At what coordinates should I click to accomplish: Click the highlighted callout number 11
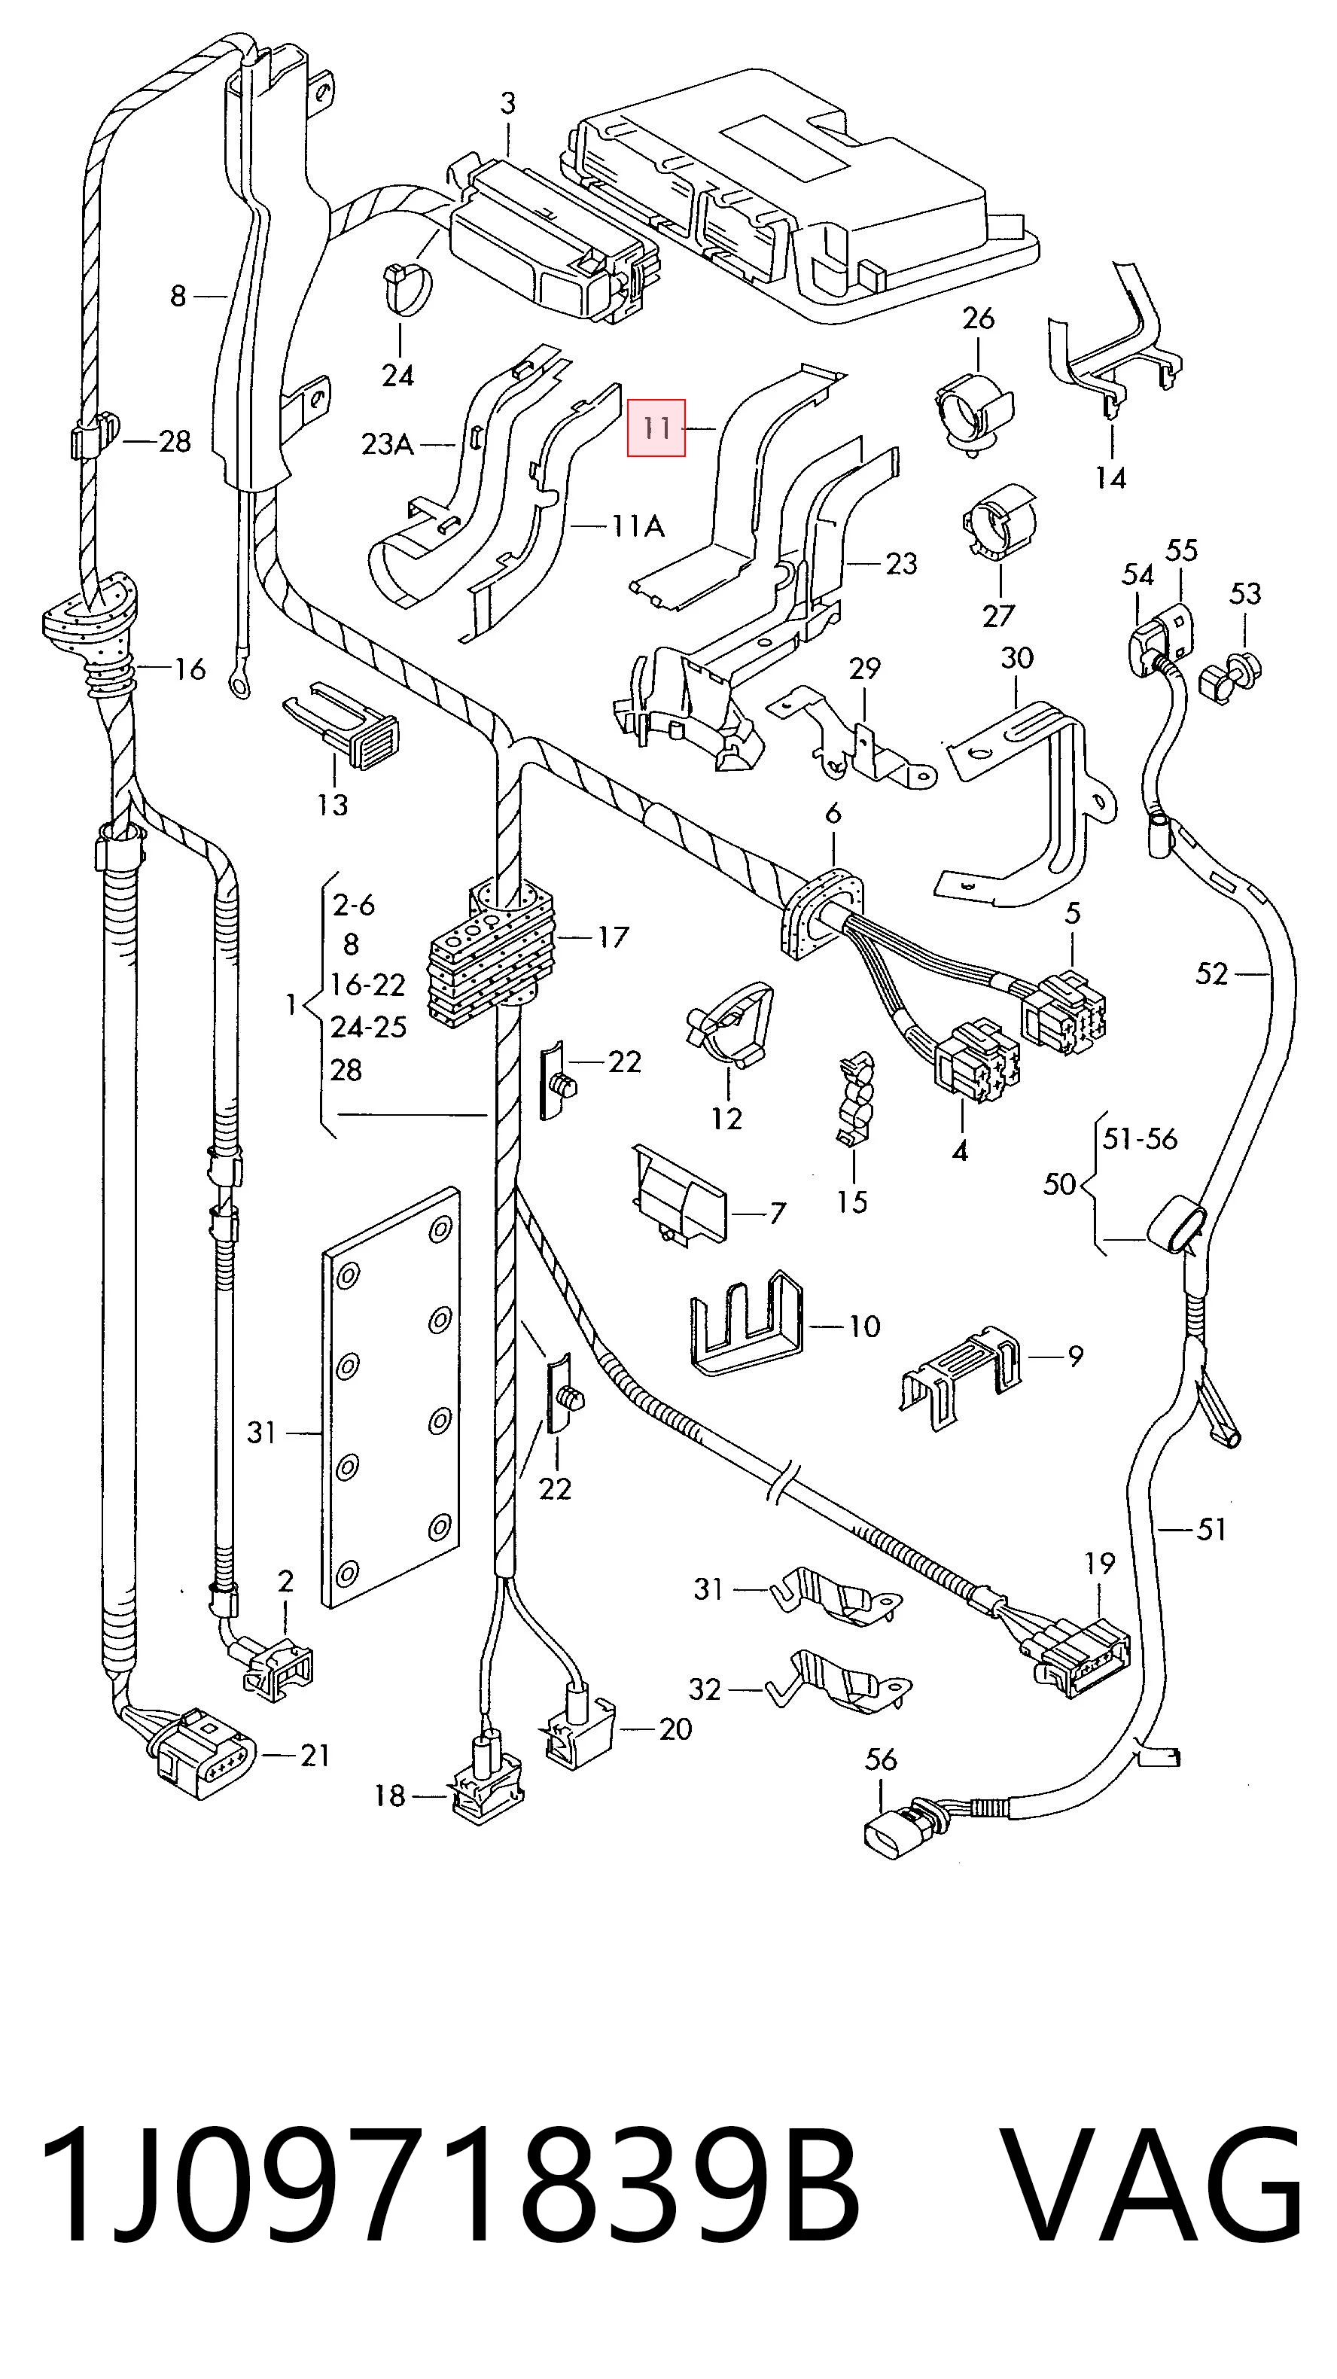point(656,428)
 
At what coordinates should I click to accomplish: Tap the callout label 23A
point(387,445)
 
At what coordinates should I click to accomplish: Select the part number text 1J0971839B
point(449,2185)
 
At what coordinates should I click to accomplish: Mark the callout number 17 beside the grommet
point(612,937)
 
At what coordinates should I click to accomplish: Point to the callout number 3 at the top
point(508,103)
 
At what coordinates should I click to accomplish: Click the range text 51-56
point(1140,1139)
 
